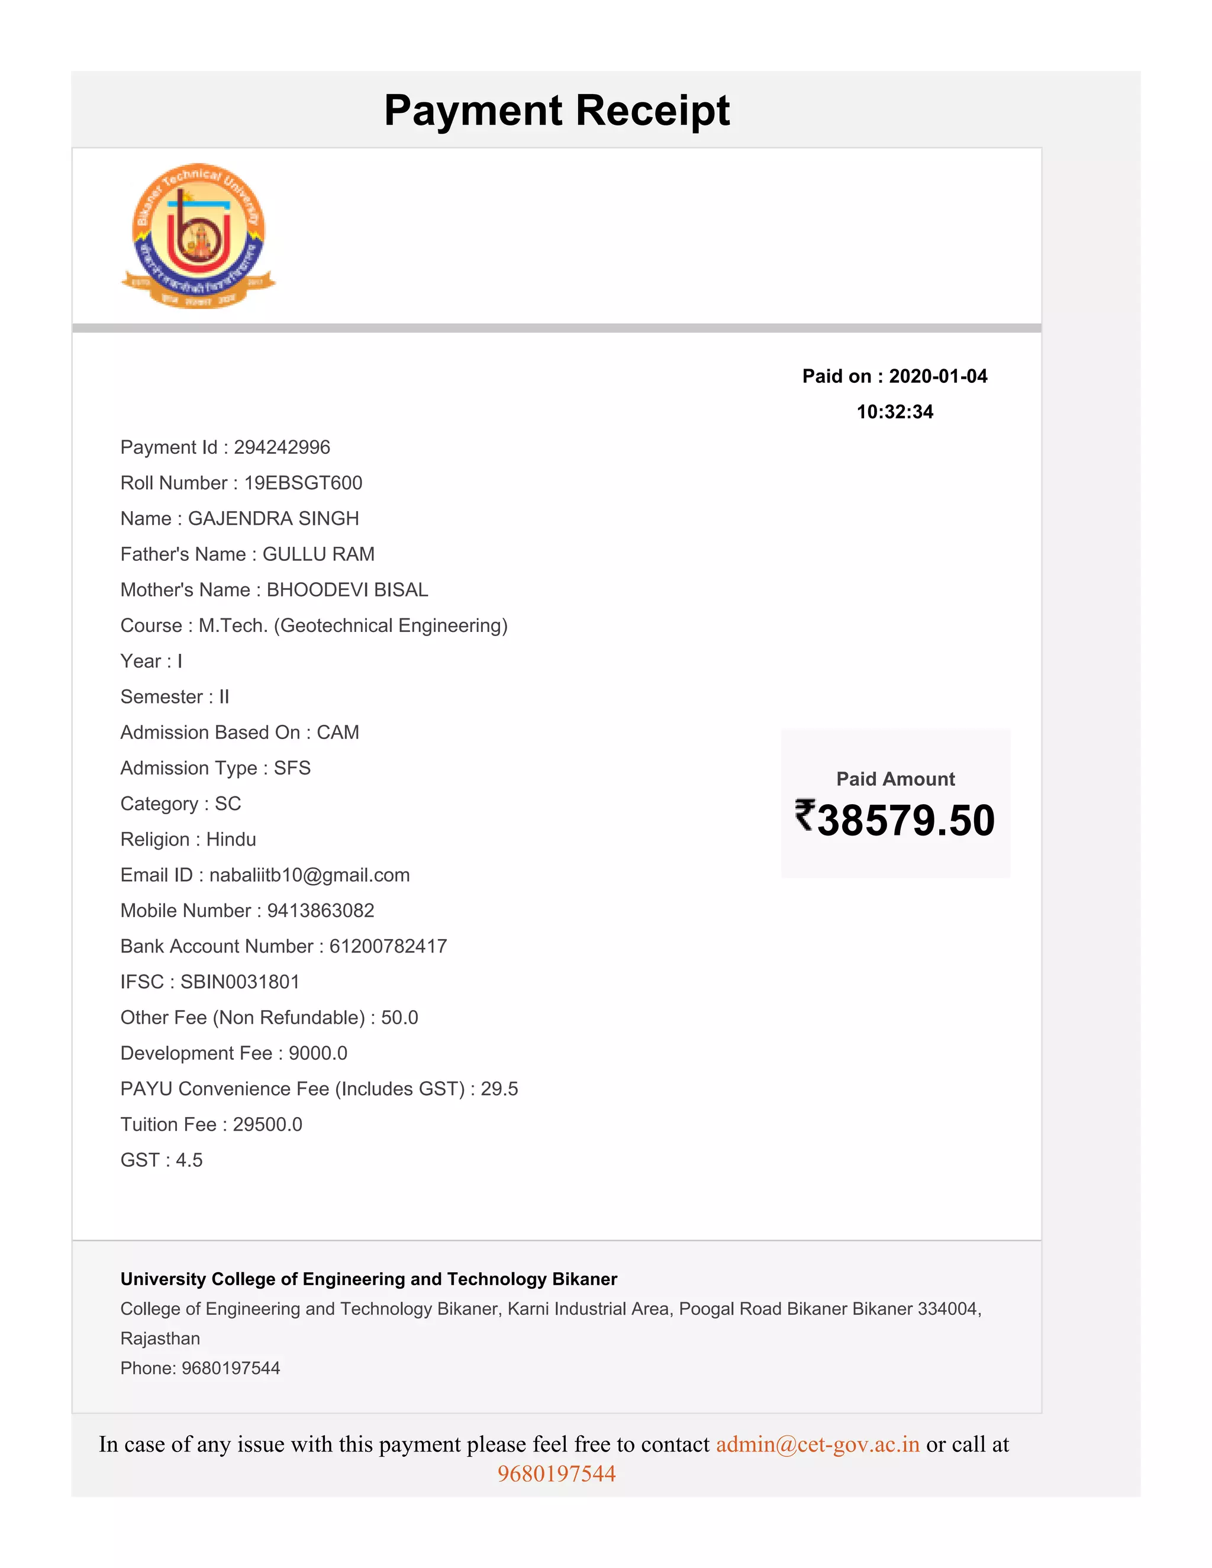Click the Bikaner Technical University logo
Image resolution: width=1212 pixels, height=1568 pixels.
click(x=198, y=235)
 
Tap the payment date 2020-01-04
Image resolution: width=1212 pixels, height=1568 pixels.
click(x=938, y=376)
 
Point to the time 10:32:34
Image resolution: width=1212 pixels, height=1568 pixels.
click(x=895, y=412)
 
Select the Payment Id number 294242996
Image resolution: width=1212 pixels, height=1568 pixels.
click(x=282, y=447)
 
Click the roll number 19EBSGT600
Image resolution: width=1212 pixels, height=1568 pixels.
click(x=303, y=483)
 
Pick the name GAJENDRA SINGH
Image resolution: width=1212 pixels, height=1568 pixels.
click(x=273, y=518)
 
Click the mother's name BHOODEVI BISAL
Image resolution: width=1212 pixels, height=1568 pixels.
click(x=347, y=590)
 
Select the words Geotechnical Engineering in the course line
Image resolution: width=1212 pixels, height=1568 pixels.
click(x=391, y=626)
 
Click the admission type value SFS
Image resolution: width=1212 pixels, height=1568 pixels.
click(x=292, y=768)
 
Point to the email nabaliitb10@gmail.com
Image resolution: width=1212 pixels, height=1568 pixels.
click(x=310, y=875)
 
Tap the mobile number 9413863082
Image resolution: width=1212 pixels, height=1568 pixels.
click(x=320, y=911)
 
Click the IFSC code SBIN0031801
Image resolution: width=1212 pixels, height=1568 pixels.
click(x=240, y=982)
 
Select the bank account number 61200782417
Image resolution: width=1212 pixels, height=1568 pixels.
click(x=388, y=946)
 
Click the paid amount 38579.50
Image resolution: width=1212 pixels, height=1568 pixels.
click(x=905, y=821)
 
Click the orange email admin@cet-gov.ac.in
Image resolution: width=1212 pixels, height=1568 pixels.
click(x=817, y=1444)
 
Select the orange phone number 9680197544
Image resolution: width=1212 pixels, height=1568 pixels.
click(x=556, y=1474)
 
